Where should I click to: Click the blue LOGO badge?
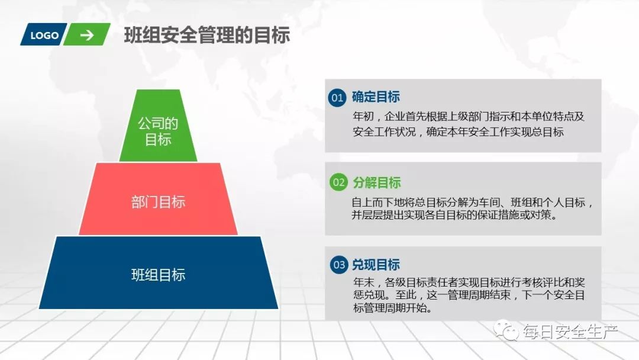44,35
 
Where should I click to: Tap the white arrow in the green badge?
87,35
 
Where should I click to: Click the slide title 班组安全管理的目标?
207,36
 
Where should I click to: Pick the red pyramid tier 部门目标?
158,201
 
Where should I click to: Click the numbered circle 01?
337,98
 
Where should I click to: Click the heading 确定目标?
376,98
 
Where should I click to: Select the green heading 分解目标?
376,182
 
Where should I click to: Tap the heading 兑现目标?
376,265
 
